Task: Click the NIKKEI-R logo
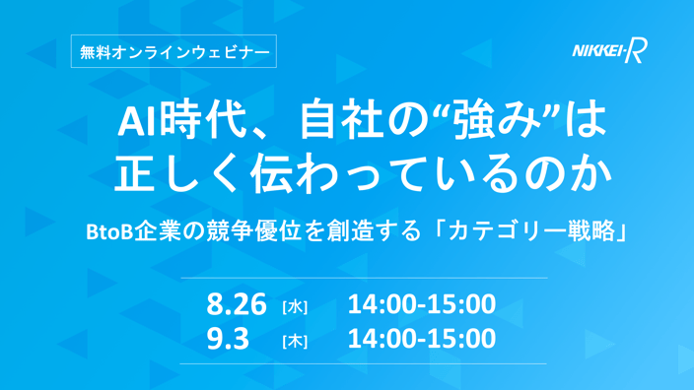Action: [x=609, y=50]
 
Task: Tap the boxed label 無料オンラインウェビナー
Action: [x=173, y=51]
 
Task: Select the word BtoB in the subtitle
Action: [x=109, y=231]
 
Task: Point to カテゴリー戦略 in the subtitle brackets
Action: [x=531, y=230]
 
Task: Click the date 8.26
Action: [x=237, y=304]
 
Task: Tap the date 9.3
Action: [x=228, y=339]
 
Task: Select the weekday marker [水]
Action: [x=295, y=307]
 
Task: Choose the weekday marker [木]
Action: [x=295, y=342]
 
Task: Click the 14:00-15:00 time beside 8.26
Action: [x=421, y=304]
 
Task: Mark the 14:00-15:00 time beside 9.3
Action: [x=421, y=339]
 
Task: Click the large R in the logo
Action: [x=638, y=50]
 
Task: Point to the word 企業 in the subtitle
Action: [x=158, y=230]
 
